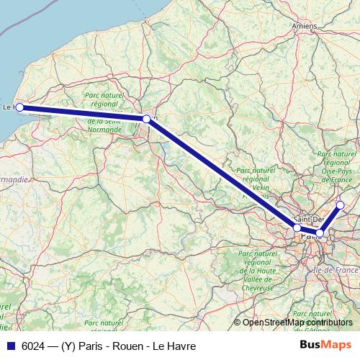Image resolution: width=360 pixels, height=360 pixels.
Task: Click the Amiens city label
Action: [x=305, y=26]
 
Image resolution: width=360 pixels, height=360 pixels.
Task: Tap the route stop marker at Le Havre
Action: [x=20, y=108]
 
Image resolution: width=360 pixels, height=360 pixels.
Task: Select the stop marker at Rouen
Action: [x=146, y=119]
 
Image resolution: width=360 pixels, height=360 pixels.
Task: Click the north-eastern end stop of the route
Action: [x=341, y=206]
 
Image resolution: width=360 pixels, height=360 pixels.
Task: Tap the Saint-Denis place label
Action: [x=310, y=219]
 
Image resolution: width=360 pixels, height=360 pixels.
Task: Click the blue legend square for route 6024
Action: [x=10, y=346]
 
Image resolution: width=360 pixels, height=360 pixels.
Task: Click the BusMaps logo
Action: [x=325, y=345]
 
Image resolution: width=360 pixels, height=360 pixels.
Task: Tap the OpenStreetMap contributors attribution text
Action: [x=297, y=323]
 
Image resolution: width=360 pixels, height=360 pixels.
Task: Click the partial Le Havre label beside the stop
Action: [x=9, y=107]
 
